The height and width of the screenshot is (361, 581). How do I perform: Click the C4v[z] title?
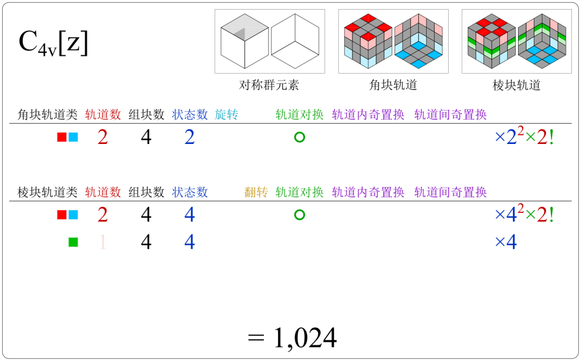click(x=54, y=44)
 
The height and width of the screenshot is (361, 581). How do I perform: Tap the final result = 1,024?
click(x=293, y=338)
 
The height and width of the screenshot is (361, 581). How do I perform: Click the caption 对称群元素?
click(x=269, y=86)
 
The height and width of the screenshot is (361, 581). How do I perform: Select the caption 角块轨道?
click(x=393, y=86)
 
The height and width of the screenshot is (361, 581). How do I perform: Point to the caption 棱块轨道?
click(x=516, y=86)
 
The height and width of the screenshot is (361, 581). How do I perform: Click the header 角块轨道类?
click(x=48, y=115)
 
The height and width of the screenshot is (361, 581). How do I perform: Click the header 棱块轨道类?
click(x=48, y=193)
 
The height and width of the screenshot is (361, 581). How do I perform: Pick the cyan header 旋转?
click(x=226, y=115)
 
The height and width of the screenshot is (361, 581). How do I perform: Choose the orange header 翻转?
click(x=256, y=193)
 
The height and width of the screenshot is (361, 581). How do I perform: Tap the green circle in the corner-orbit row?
click(x=300, y=137)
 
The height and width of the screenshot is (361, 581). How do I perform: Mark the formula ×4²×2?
click(x=524, y=215)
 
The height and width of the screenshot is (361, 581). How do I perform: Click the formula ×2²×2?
click(x=524, y=137)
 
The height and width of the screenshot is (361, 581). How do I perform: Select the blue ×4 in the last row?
click(x=506, y=243)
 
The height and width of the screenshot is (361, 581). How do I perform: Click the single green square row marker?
click(x=73, y=243)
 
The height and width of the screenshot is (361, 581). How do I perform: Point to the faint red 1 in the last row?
click(x=103, y=243)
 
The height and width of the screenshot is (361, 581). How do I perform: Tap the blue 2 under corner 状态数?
click(x=190, y=137)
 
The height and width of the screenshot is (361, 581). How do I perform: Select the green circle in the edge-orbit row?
click(x=300, y=215)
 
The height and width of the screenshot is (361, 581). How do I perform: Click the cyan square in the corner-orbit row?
click(x=73, y=137)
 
